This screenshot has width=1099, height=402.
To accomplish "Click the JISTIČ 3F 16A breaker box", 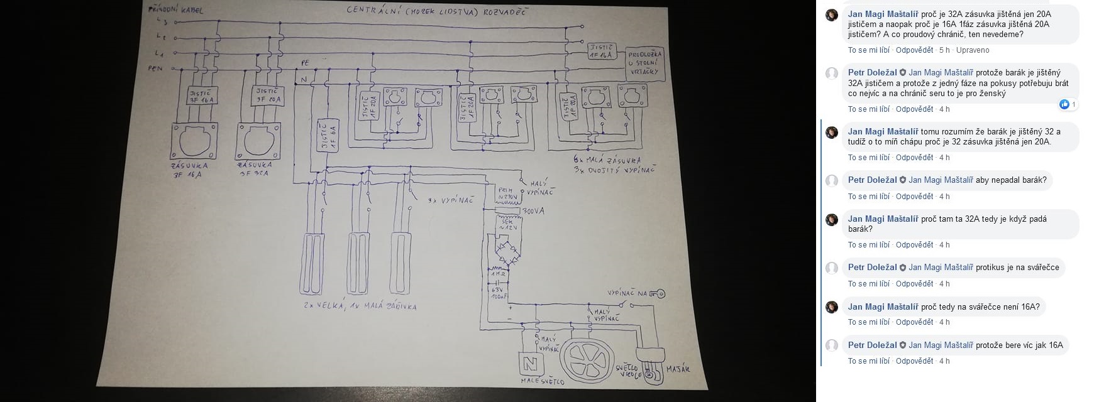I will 201,97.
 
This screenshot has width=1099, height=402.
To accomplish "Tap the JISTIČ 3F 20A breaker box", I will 267,96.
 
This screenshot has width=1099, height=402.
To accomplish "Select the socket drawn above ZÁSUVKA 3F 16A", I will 194,141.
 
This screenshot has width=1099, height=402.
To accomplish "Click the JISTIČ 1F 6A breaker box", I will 328,136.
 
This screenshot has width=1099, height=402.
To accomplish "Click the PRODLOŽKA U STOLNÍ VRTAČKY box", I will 645,63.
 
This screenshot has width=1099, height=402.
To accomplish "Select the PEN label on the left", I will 155,68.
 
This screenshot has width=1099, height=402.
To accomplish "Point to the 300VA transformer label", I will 533,211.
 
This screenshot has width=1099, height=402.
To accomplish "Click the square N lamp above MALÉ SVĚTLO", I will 527,363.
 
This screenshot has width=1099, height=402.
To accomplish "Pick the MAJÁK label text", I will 677,369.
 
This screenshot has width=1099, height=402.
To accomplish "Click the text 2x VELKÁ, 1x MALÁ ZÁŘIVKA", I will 359,306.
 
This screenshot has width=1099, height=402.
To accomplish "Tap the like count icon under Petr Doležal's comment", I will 1064,104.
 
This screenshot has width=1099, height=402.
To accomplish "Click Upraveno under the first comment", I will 973,50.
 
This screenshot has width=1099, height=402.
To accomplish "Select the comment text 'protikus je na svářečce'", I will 1017,268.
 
